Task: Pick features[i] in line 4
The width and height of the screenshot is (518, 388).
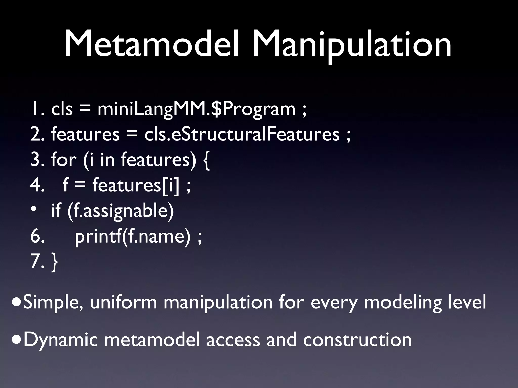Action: click(135, 185)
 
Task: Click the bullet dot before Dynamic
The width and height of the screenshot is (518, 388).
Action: click(17, 340)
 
